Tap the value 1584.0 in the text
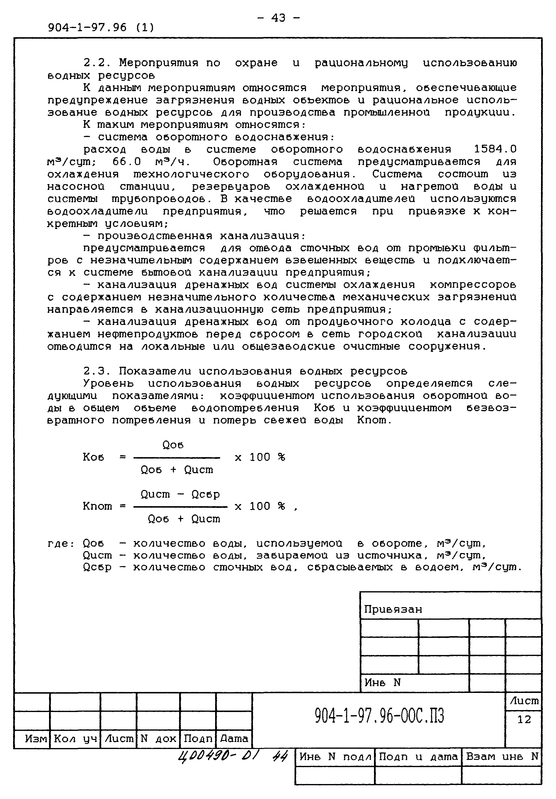495,149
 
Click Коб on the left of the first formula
93,457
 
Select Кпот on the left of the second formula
97,506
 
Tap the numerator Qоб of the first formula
173,445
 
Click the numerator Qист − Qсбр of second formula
180,494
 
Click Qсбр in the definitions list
97,567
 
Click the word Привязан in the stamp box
393,609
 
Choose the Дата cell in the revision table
234,738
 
